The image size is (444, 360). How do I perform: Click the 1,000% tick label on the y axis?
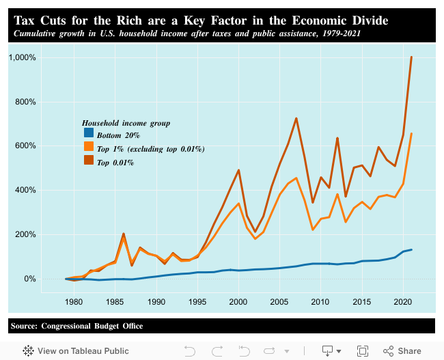pos(23,57)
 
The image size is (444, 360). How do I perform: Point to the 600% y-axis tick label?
pos(25,146)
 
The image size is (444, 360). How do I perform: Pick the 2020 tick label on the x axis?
pos(402,301)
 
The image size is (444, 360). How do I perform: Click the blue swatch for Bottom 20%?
pos(88,134)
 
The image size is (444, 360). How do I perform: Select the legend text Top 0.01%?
pos(115,163)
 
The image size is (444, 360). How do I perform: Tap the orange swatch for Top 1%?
pos(88,148)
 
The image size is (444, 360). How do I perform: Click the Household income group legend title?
pos(126,123)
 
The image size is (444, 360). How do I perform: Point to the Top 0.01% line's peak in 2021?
pos(411,57)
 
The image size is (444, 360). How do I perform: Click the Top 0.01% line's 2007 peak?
pos(296,118)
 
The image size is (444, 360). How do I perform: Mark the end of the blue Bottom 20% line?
pos(411,249)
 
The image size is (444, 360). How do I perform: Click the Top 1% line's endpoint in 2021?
pos(411,134)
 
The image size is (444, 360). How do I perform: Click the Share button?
pos(402,350)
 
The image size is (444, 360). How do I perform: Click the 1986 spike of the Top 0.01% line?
pos(124,234)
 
